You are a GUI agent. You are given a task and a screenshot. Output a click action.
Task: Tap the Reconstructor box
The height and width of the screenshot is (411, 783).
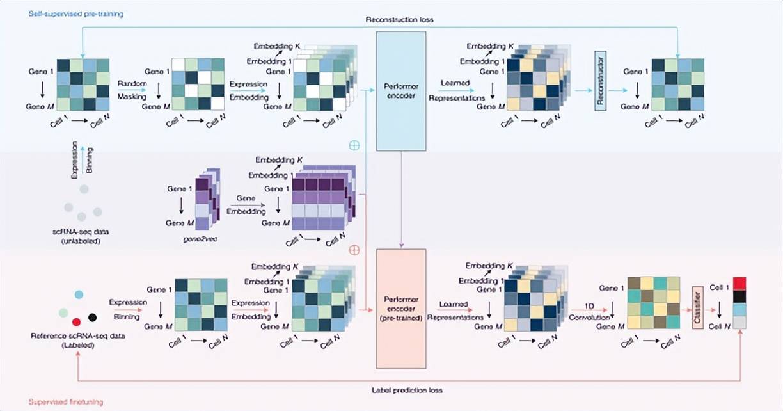click(600, 79)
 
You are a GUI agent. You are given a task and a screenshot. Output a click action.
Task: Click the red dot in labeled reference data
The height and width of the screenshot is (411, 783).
click(76, 321)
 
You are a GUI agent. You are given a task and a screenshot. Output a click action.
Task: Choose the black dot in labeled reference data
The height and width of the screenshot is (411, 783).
click(93, 317)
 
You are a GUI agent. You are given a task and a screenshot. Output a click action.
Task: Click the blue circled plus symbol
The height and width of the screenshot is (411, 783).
click(354, 145)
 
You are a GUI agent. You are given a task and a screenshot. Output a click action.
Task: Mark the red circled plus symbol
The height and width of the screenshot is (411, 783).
click(354, 250)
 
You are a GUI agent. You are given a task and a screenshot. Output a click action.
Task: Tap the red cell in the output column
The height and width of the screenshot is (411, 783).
click(739, 284)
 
